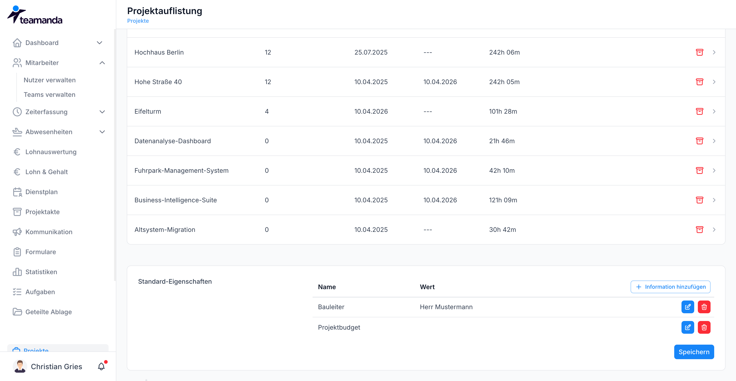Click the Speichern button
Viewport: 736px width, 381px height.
tap(694, 352)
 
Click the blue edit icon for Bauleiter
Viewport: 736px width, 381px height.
tap(687, 307)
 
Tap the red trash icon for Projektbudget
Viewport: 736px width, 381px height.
tap(704, 327)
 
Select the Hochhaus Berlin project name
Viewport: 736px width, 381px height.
tap(159, 52)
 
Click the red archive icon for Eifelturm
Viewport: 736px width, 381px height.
tap(699, 111)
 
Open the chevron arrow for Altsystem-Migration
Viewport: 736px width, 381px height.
tap(714, 230)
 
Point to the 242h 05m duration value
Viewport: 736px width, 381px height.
tap(504, 82)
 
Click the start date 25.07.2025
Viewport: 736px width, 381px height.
tap(371, 52)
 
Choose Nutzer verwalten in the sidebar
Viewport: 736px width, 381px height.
tap(50, 80)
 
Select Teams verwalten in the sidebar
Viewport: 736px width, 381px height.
tap(50, 95)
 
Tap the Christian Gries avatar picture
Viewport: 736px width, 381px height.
tap(20, 366)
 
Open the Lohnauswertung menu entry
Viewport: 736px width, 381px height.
tap(51, 152)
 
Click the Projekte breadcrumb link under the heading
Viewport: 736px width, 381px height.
tap(138, 21)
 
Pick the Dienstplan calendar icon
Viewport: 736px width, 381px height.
tap(17, 192)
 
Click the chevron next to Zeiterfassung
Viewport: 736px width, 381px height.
tap(102, 112)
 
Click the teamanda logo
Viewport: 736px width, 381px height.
tap(35, 15)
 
